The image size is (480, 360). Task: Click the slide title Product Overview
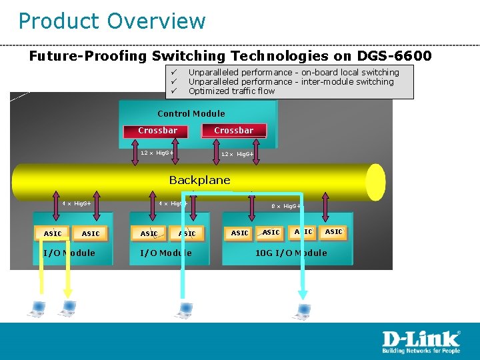tap(112, 21)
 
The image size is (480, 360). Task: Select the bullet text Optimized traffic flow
tap(231, 91)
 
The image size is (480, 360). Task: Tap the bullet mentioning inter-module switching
tap(291, 82)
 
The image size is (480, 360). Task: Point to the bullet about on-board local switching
tap(293, 72)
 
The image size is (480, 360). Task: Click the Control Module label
tap(191, 113)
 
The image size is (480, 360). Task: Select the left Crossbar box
tap(157, 131)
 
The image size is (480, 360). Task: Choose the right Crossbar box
tap(233, 131)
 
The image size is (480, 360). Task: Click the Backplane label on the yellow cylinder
tap(199, 180)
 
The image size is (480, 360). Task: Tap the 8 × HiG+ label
tap(287, 207)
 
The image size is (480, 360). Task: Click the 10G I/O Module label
tap(291, 253)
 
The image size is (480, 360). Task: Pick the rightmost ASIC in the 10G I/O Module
tap(333, 232)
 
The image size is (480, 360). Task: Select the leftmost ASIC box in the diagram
tap(53, 233)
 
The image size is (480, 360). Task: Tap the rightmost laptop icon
tap(303, 310)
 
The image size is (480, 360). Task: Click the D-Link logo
tap(420, 339)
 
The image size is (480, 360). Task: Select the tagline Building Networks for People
tap(420, 351)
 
